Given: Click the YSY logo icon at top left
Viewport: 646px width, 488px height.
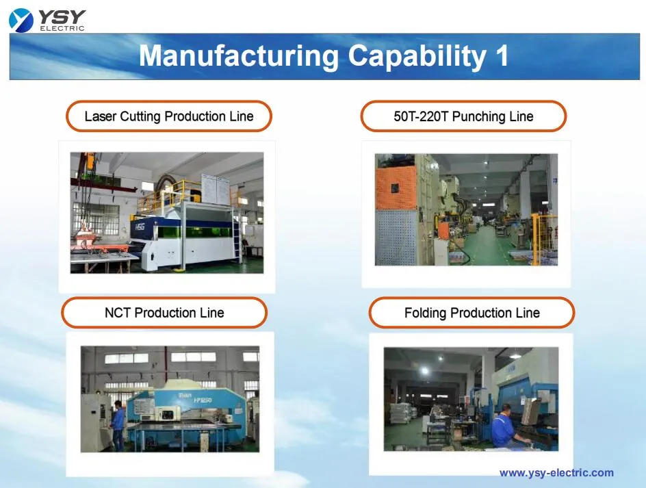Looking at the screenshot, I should [21, 19].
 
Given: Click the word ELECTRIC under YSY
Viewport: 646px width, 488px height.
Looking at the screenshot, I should [61, 28].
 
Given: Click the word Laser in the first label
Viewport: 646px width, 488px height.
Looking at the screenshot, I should [100, 116].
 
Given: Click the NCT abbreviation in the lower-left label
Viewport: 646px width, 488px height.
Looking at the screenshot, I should [118, 313].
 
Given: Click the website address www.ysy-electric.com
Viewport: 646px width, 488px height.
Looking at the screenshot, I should [556, 472].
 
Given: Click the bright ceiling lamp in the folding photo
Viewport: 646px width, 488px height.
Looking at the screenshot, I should [424, 370].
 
